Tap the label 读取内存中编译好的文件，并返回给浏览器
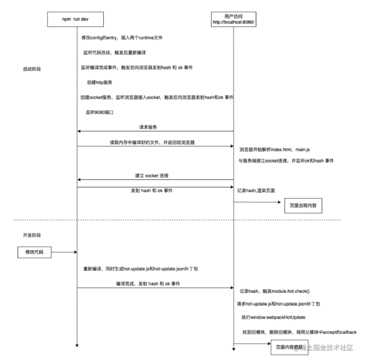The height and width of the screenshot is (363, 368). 155,142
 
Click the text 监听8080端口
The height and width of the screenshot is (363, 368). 100,113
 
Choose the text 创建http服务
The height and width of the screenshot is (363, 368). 100,82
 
